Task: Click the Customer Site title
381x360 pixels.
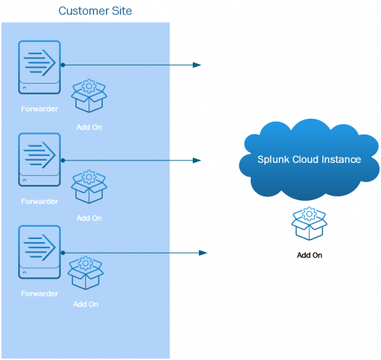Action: [95, 11]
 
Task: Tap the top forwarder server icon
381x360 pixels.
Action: [40, 67]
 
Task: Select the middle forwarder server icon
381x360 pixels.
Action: [40, 160]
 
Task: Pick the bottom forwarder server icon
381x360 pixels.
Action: [40, 252]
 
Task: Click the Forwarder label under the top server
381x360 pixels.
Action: [40, 109]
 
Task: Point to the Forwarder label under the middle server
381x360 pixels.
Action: [40, 202]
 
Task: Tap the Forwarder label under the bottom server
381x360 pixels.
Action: [40, 294]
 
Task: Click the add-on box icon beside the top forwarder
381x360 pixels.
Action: [89, 95]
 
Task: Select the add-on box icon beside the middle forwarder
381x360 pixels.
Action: [89, 186]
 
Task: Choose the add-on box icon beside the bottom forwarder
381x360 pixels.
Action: [85, 272]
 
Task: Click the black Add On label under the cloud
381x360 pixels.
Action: [309, 255]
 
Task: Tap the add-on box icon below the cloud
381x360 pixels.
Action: [309, 223]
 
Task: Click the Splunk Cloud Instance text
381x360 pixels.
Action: [309, 160]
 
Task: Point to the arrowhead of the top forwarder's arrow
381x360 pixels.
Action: [197, 65]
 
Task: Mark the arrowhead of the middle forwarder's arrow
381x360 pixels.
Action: [197, 161]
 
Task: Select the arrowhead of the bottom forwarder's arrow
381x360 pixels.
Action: [203, 253]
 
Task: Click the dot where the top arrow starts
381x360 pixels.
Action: [63, 65]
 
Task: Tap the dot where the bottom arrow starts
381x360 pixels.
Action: [63, 253]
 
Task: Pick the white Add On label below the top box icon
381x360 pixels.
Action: [89, 127]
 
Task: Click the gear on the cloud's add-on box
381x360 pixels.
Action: [309, 214]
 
